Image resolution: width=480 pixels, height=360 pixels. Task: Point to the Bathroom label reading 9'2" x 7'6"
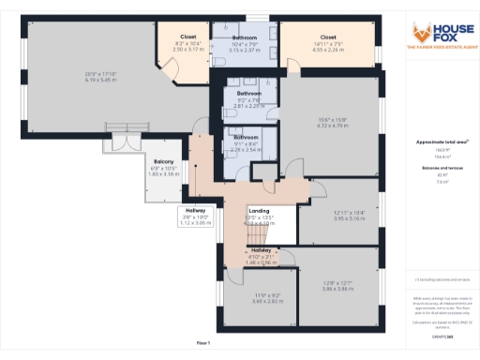(248, 94)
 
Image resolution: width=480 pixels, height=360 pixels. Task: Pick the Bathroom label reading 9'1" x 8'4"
(246, 138)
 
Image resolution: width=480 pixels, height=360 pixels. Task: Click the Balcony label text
(165, 161)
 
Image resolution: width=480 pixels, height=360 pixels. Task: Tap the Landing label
(259, 211)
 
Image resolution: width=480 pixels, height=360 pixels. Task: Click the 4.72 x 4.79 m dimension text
(332, 124)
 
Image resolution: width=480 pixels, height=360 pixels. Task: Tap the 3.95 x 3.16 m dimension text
(348, 217)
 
